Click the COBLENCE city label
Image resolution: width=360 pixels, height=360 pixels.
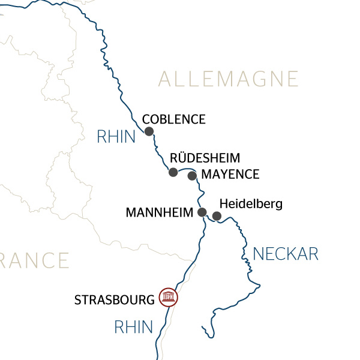173,119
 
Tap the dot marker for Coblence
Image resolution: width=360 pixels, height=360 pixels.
149,131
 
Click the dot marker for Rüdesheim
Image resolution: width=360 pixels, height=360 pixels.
173,172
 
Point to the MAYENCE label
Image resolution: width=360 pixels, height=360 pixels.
230,175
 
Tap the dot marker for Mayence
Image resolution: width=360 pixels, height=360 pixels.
192,176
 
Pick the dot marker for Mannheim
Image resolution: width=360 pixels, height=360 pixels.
202,212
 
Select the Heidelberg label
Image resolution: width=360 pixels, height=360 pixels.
251,204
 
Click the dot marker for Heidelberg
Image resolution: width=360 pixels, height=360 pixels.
217,216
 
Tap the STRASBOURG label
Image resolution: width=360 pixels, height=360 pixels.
114,299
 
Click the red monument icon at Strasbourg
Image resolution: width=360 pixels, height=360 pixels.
168,297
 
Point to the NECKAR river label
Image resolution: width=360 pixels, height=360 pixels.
286,254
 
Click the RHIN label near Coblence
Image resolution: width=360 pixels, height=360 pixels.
116,137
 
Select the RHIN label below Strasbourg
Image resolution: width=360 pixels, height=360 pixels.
134,327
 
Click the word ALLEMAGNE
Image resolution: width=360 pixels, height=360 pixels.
229,79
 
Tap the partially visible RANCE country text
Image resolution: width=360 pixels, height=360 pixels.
34,260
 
